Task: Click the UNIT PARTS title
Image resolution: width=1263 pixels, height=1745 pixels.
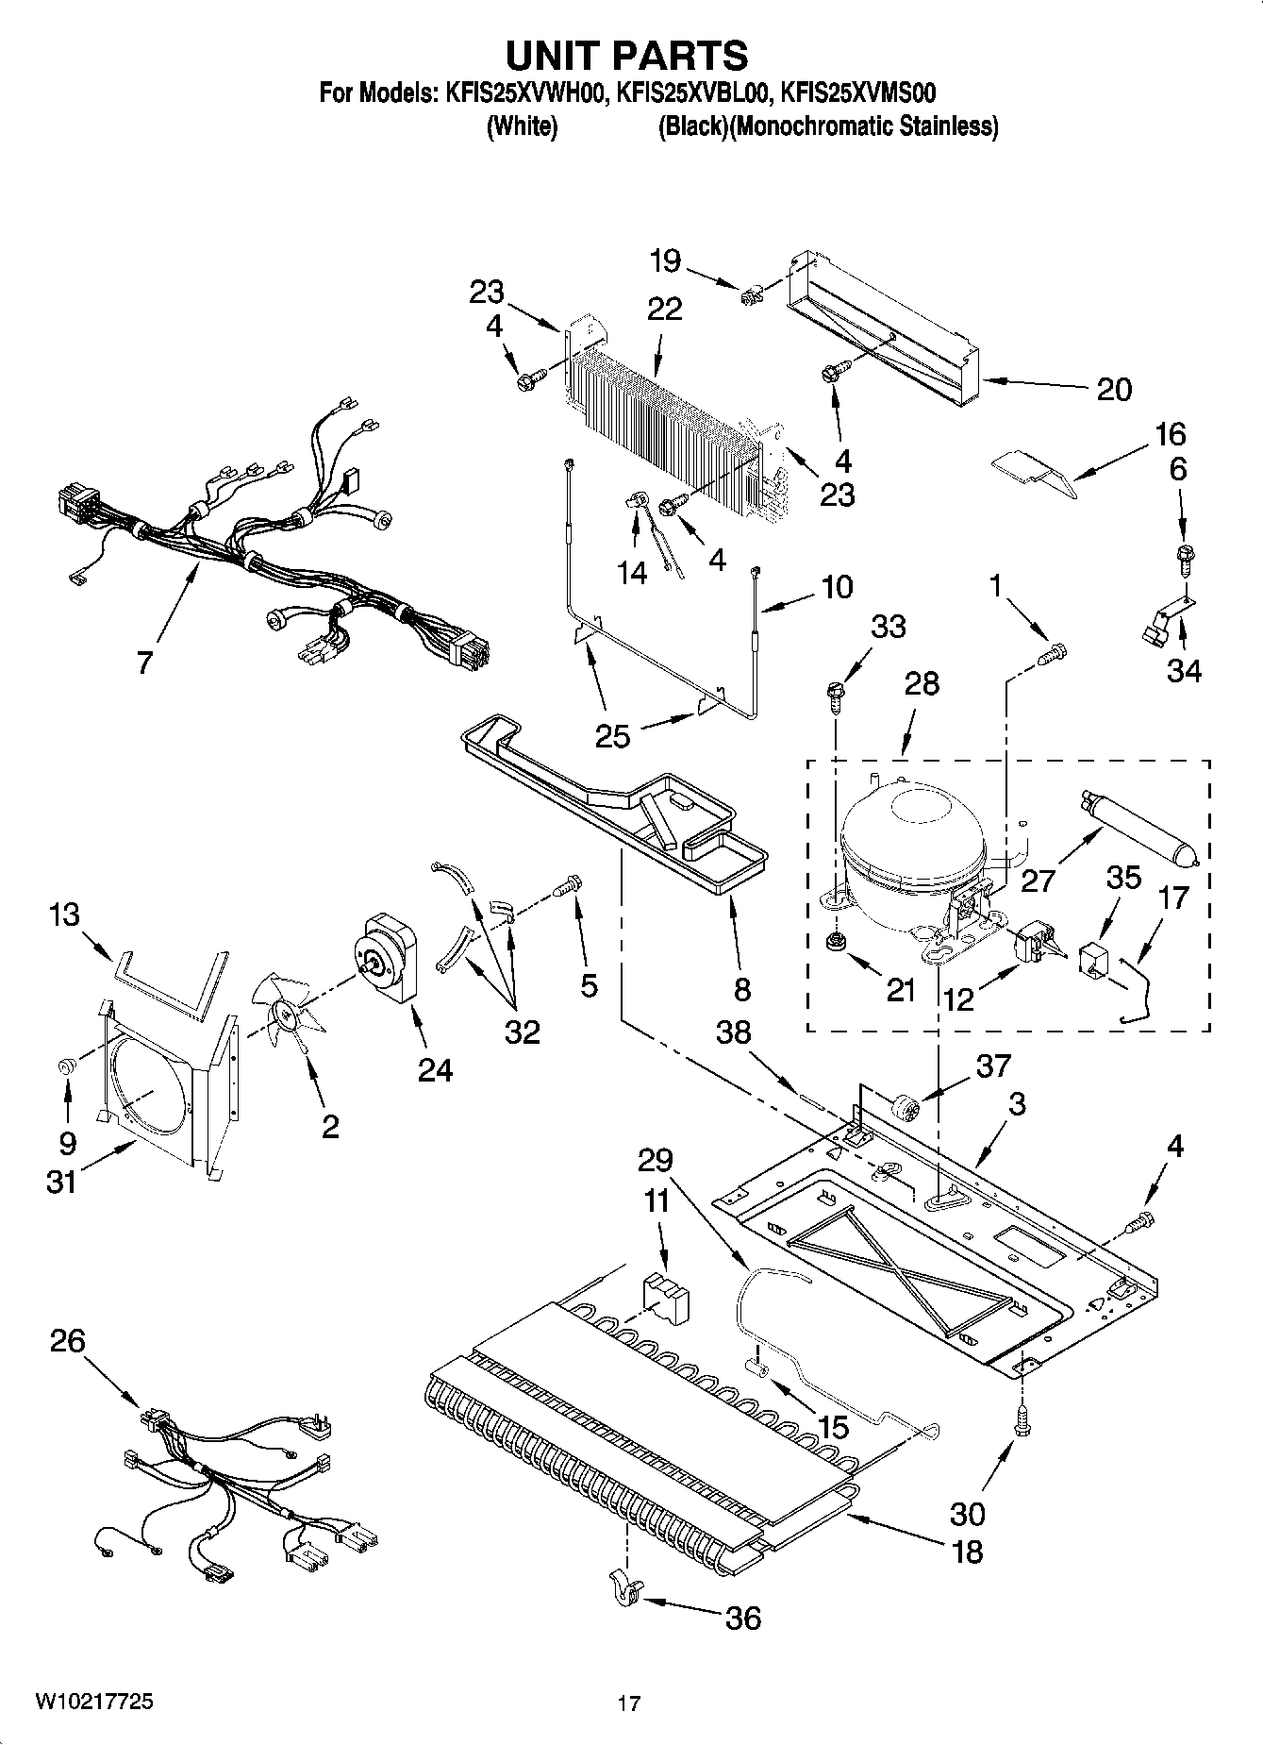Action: click(x=626, y=56)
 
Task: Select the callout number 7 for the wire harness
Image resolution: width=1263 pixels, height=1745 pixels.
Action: click(x=143, y=663)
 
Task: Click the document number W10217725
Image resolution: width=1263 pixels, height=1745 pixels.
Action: click(x=94, y=1702)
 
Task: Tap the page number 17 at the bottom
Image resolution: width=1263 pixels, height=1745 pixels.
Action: click(x=629, y=1703)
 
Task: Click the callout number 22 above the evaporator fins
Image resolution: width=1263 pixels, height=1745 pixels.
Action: click(x=664, y=309)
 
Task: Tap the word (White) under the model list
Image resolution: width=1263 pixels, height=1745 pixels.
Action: click(x=522, y=126)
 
